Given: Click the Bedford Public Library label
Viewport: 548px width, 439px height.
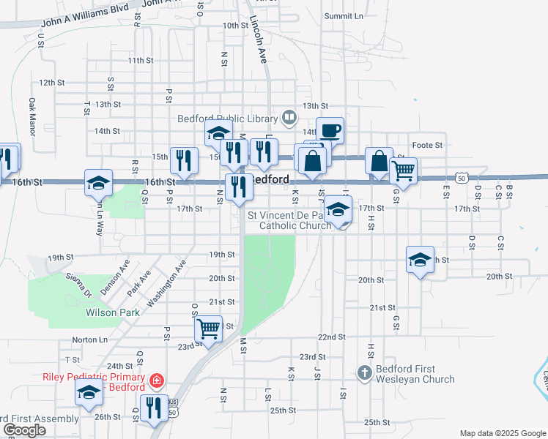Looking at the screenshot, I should pyautogui.click(x=227, y=119).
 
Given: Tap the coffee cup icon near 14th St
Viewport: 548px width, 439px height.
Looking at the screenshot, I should pyautogui.click(x=330, y=131).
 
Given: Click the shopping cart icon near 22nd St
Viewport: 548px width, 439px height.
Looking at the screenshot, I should pyautogui.click(x=209, y=329).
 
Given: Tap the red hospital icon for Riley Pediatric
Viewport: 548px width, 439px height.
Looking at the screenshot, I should pyautogui.click(x=155, y=380).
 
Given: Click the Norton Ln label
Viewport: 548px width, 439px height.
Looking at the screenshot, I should pyautogui.click(x=89, y=340).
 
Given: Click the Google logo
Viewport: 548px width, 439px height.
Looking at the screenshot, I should pyautogui.click(x=23, y=430).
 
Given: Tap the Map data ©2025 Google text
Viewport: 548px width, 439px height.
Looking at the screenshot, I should pyautogui.click(x=502, y=433).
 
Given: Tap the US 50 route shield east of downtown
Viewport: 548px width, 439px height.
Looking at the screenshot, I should pyautogui.click(x=461, y=178).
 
